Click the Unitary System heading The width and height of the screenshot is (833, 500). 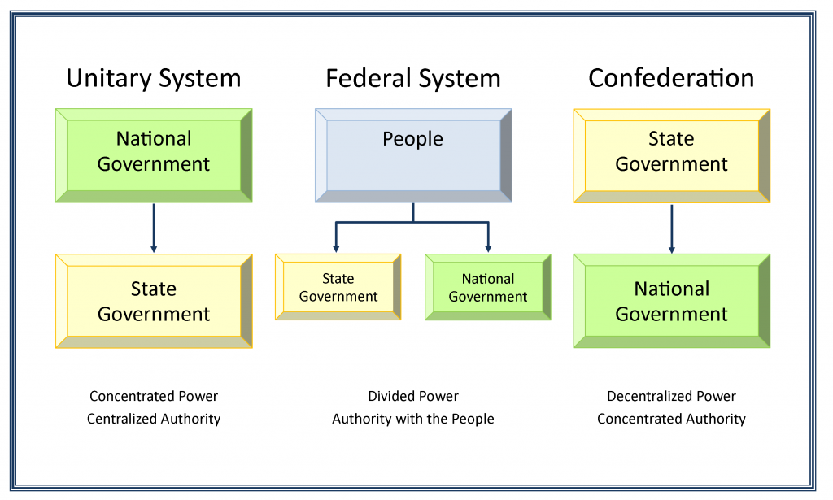(154, 78)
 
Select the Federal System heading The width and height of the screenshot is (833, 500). (413, 78)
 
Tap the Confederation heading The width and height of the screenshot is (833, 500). (671, 78)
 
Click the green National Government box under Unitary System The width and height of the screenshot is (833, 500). (154, 155)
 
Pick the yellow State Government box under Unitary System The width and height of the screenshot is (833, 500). (154, 301)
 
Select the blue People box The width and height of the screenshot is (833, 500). (413, 155)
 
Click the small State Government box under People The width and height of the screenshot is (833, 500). (338, 287)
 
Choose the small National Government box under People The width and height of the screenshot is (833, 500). (488, 287)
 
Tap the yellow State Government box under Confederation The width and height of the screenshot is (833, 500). (671, 155)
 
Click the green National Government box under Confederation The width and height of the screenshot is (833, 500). (671, 301)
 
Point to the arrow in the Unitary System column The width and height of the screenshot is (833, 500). (154, 228)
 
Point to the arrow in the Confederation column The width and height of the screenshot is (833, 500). (671, 228)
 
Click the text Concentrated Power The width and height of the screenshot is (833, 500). (154, 397)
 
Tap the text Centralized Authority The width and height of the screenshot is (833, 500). (154, 420)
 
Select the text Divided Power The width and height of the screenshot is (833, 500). (413, 397)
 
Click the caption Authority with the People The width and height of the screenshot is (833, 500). (413, 420)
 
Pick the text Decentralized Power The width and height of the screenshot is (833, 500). (671, 397)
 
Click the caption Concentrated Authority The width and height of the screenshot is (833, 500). (671, 420)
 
